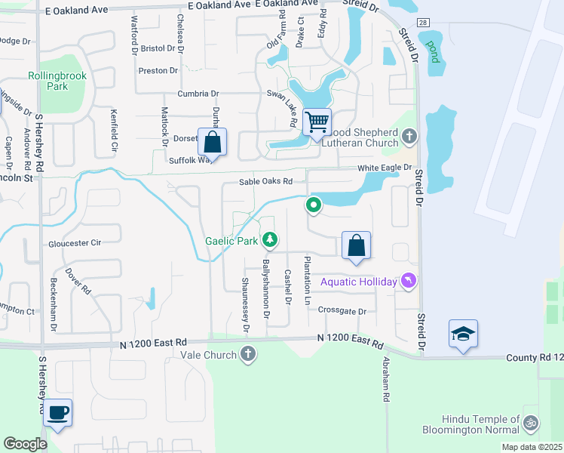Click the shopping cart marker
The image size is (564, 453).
[317, 121]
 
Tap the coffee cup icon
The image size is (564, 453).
[57, 412]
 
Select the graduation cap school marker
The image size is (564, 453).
[463, 333]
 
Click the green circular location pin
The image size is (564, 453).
[313, 205]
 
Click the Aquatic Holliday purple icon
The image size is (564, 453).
[409, 282]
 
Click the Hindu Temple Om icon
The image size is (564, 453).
[532, 423]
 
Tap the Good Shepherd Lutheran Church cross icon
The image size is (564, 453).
[409, 137]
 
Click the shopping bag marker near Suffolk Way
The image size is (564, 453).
[213, 141]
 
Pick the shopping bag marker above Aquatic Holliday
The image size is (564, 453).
[357, 245]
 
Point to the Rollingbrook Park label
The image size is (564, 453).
[57, 81]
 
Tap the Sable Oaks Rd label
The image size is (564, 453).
[265, 181]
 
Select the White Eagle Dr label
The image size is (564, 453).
[386, 168]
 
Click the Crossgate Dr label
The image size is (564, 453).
[342, 310]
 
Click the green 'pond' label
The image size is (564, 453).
[433, 51]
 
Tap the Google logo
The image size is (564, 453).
[26, 444]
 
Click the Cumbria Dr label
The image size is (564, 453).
[198, 94]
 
